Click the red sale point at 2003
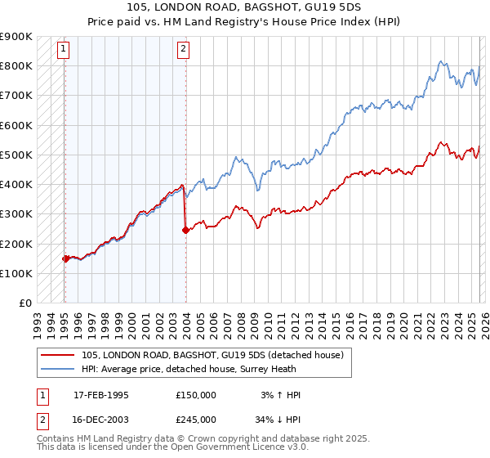tap(185, 231)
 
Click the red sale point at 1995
tap(65, 258)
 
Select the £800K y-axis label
tap(16, 65)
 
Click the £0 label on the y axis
tap(24, 303)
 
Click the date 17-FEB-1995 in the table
tap(101, 395)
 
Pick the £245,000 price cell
tap(196, 419)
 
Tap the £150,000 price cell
tap(196, 395)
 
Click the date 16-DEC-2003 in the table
tap(101, 419)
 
